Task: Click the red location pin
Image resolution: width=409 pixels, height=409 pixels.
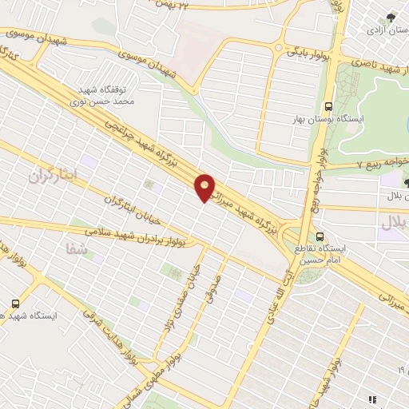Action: click(x=205, y=186)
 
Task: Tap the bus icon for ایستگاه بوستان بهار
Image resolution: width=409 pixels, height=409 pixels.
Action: click(x=328, y=106)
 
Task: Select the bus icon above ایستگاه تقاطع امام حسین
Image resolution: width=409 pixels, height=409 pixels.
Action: click(x=320, y=236)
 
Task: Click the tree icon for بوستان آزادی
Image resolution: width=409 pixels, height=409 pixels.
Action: click(x=389, y=18)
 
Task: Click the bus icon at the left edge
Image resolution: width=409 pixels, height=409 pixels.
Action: click(x=16, y=304)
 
